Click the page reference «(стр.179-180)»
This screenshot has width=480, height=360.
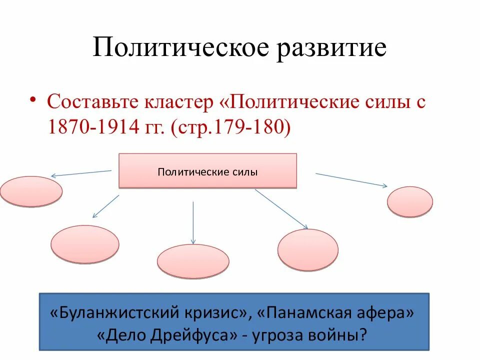pyautogui.click(x=230, y=128)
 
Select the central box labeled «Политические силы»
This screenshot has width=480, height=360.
pyautogui.click(x=207, y=171)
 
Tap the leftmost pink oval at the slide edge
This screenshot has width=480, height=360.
pyautogui.click(x=31, y=191)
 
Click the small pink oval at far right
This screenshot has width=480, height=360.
pyautogui.click(x=410, y=201)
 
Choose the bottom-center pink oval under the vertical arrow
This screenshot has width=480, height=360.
pyautogui.click(x=193, y=261)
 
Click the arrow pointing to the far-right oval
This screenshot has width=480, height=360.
pyautogui.click(x=351, y=180)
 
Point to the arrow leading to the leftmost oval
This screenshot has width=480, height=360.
pyautogui.click(x=81, y=173)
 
